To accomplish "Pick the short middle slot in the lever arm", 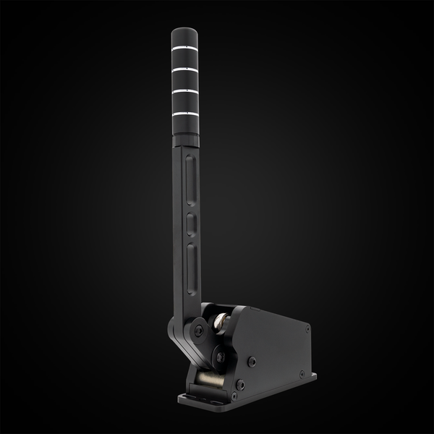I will pos(192,221).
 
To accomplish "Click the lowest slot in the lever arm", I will pos(193,260).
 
